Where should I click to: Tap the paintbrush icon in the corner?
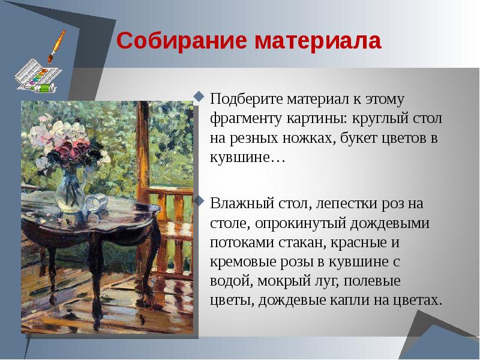point(56,46)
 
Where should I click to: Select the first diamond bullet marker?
point(200,95)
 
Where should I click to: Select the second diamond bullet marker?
point(200,199)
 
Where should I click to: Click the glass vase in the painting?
point(70,185)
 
